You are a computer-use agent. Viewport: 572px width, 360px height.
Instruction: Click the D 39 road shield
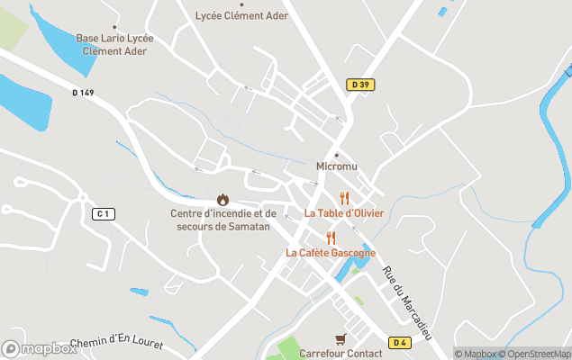360,85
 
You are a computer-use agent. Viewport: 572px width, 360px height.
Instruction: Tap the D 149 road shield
82,92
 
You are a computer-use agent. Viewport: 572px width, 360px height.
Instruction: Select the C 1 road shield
104,213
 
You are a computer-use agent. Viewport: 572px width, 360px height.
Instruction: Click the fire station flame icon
222,199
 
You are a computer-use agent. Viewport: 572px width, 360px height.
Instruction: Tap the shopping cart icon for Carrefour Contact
340,339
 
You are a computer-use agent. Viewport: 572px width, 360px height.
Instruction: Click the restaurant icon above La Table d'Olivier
343,199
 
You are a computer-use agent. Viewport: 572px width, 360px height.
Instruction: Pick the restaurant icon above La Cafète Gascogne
331,238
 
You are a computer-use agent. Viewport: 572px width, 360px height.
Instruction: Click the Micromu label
337,166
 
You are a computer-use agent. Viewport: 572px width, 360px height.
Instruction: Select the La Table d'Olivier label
343,213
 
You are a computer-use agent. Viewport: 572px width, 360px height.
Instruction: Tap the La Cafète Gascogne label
331,253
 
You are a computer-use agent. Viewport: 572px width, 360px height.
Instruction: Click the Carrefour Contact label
340,353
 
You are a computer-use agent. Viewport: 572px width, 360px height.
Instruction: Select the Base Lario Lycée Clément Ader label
114,45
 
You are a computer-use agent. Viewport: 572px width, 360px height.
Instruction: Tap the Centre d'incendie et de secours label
222,219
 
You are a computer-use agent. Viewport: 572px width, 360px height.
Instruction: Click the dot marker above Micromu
337,154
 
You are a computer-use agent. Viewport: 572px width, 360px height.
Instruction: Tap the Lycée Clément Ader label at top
241,15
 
